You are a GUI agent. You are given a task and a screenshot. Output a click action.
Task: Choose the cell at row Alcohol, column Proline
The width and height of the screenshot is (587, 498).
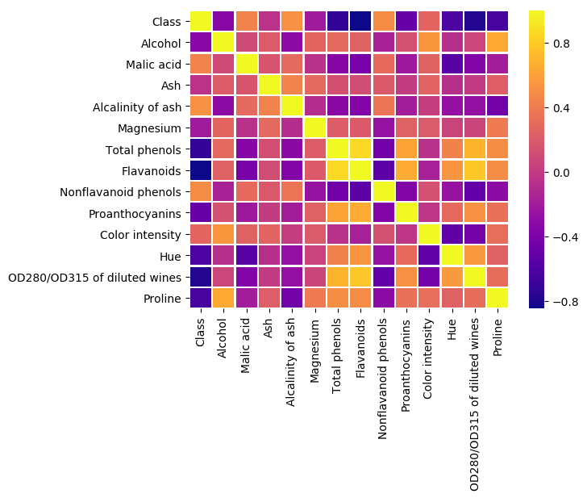pyautogui.click(x=496, y=43)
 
